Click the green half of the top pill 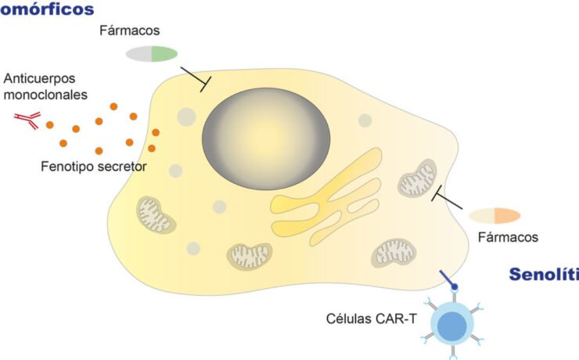click(x=164, y=53)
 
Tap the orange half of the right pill click(x=507, y=215)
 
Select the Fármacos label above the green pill click(x=129, y=31)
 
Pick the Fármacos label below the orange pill click(x=507, y=236)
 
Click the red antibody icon click(x=27, y=119)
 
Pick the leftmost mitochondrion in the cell click(x=155, y=214)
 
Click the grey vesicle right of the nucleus click(x=365, y=121)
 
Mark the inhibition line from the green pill click(x=195, y=78)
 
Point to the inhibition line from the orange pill click(x=448, y=199)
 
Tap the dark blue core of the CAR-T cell click(x=450, y=325)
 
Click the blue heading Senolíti click(x=543, y=275)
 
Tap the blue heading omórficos click(x=47, y=10)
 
